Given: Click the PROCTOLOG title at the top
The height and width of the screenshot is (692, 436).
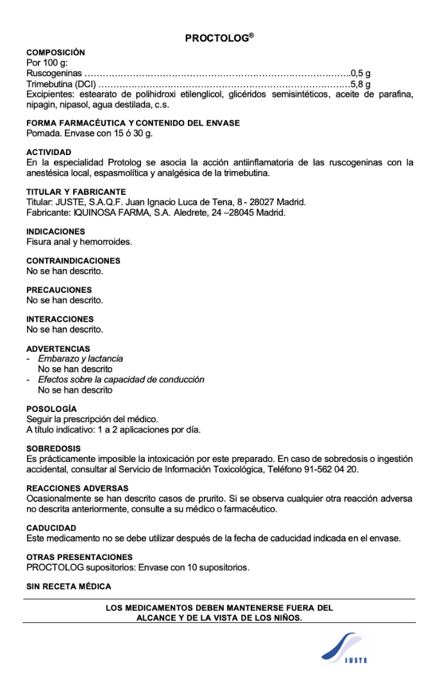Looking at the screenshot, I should pyautogui.click(x=219, y=38).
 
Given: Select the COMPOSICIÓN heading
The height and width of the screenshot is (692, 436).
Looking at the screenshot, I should pyautogui.click(x=55, y=53).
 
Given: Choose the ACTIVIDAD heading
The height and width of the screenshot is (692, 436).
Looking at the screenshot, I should pyautogui.click(x=49, y=152).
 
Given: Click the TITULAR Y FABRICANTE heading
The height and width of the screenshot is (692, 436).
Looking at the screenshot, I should pyautogui.click(x=76, y=192).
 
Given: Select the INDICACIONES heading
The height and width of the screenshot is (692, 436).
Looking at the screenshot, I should pyautogui.click(x=55, y=231).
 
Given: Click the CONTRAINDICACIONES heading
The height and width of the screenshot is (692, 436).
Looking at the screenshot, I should pyautogui.click(x=73, y=261).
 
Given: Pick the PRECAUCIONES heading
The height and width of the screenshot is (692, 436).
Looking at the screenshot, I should pyautogui.click(x=59, y=290).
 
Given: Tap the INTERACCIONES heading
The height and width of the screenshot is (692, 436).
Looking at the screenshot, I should pyautogui.click(x=60, y=319).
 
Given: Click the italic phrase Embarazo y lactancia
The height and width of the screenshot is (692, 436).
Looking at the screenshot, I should pyautogui.click(x=80, y=359).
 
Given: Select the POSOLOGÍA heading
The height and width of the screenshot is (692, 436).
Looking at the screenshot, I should pyautogui.click(x=51, y=409).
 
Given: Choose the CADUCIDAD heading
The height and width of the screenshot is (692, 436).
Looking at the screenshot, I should pyautogui.click(x=51, y=528).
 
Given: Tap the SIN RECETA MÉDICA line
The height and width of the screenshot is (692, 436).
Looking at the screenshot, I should pyautogui.click(x=69, y=586).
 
